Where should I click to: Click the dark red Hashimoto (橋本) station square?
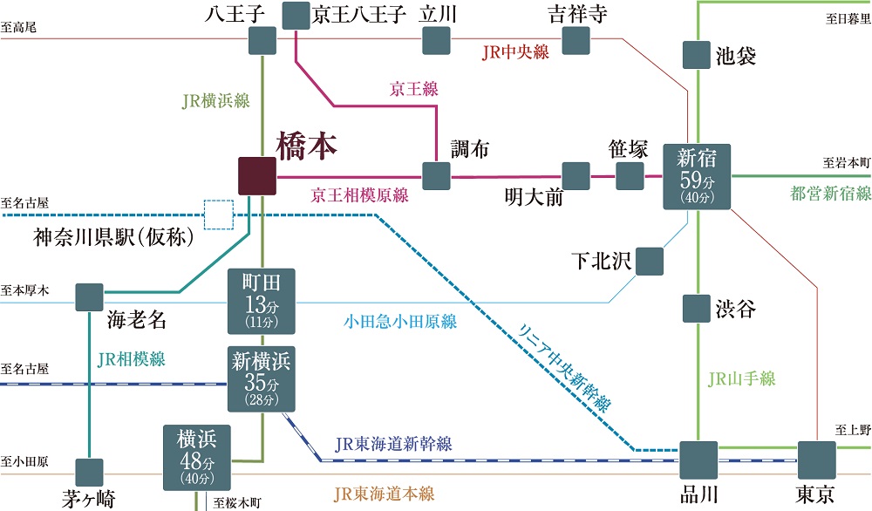pyautogui.click(x=258, y=176)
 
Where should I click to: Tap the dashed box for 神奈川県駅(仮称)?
pyautogui.click(x=219, y=214)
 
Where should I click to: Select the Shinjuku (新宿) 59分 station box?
pyautogui.click(x=697, y=177)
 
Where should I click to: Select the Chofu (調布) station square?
pyautogui.click(x=436, y=176)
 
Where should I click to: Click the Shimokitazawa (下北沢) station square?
pyautogui.click(x=650, y=261)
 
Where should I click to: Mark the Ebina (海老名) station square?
pyautogui.click(x=90, y=297)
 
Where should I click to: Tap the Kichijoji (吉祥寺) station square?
pyautogui.click(x=576, y=40)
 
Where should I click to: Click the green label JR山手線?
pyautogui.click(x=741, y=378)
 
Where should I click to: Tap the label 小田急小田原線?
pyautogui.click(x=399, y=322)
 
